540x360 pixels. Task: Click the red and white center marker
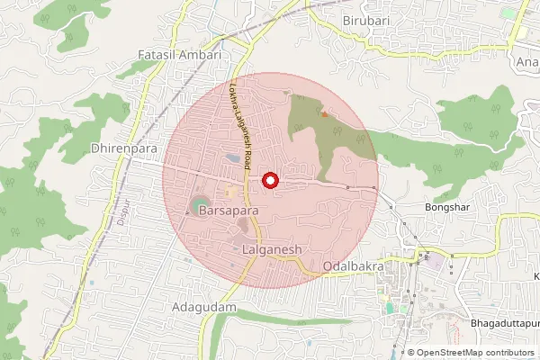(268, 181)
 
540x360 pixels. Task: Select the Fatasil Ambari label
(180, 55)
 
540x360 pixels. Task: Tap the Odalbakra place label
(354, 267)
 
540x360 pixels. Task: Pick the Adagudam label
(203, 307)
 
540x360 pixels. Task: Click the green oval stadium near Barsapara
(198, 208)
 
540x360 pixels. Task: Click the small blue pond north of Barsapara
(232, 158)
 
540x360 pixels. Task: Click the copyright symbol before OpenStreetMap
(411, 353)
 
